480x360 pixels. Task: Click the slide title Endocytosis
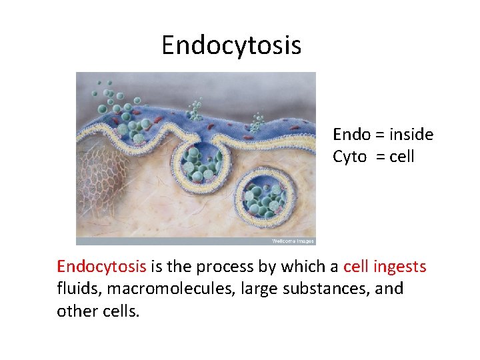231,45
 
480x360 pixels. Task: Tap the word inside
411,135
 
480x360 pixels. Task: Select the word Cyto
350,157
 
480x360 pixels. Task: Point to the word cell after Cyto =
402,157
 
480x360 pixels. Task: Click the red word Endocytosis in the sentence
101,267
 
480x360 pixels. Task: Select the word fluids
77,289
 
